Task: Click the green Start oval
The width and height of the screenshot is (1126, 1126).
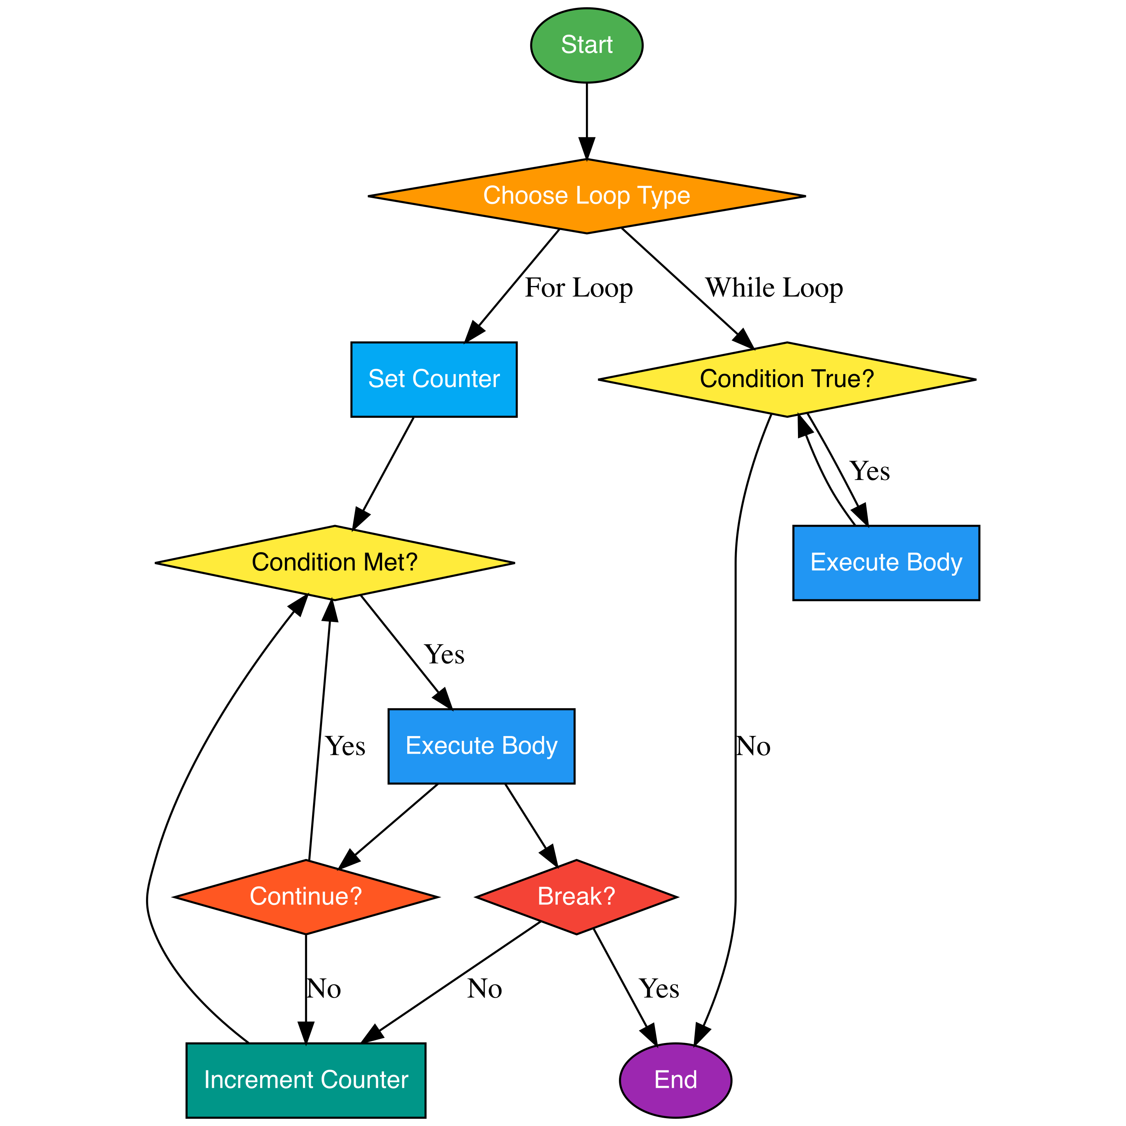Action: coord(586,45)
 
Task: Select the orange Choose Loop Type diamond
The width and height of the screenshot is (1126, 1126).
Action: coord(586,196)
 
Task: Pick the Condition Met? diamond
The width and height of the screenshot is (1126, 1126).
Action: coord(334,562)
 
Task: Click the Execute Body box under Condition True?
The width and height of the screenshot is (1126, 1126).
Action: coord(885,562)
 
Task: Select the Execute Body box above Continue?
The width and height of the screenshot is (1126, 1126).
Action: coord(482,746)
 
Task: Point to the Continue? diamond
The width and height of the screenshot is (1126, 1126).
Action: coord(306,896)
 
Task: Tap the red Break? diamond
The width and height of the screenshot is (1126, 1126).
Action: coord(576,896)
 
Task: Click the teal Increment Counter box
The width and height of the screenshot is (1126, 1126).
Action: coord(306,1080)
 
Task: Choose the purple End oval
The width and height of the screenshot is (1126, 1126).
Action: coord(675,1080)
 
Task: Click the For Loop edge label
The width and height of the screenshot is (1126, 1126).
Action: coord(578,288)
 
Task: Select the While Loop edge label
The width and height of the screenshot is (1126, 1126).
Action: coord(774,288)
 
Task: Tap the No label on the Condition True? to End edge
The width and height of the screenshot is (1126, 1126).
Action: coord(753,746)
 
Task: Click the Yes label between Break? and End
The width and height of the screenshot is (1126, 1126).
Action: coord(659,989)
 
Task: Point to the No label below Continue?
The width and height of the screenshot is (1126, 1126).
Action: coord(324,989)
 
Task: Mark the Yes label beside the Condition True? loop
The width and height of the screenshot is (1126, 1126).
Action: coord(870,471)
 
